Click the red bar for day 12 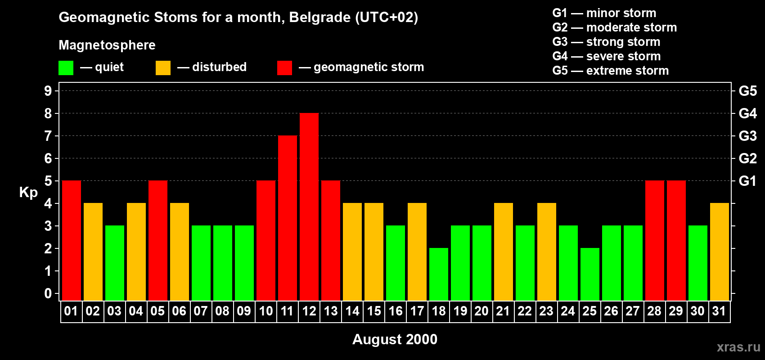click(x=309, y=207)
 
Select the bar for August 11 click(x=288, y=218)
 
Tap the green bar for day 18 click(x=439, y=274)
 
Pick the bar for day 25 click(x=590, y=274)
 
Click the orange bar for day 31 click(x=720, y=252)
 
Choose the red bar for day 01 click(x=72, y=240)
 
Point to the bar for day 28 click(x=655, y=240)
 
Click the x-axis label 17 click(x=417, y=311)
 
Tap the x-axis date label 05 click(x=157, y=311)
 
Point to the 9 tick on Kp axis click(x=48, y=91)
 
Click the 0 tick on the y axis click(x=48, y=293)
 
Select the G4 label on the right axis click(x=747, y=113)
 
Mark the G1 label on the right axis click(x=747, y=181)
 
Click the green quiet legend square click(x=66, y=68)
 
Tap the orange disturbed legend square click(x=163, y=68)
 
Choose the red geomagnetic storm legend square click(x=284, y=68)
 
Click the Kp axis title click(x=28, y=192)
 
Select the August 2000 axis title click(x=395, y=339)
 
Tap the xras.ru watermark click(x=738, y=346)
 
